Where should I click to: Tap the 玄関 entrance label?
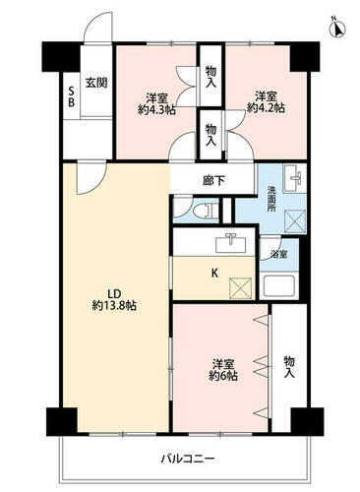point(96,83)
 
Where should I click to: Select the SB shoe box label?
point(71,97)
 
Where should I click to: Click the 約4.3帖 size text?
point(156,110)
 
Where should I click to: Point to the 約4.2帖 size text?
point(266,108)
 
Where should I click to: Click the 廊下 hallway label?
point(213,181)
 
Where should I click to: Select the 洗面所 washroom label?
point(271,199)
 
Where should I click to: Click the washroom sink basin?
point(294,177)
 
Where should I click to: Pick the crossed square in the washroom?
point(295,221)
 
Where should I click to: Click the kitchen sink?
point(231,243)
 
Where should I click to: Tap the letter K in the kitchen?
point(214,273)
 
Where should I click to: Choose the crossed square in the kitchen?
point(241,288)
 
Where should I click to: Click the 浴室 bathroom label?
point(279,254)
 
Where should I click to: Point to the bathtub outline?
point(279,286)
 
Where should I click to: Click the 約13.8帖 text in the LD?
point(114,306)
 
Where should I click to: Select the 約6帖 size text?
point(223,375)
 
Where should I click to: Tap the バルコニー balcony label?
point(188,459)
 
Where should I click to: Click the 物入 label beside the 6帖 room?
point(289,367)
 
